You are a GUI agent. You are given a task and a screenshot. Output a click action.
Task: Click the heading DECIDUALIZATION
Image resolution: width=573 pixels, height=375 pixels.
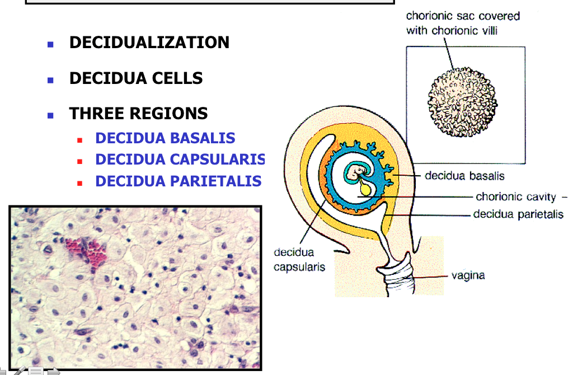pos(149,43)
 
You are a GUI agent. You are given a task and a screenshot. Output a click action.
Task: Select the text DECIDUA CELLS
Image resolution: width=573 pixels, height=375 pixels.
pos(136,78)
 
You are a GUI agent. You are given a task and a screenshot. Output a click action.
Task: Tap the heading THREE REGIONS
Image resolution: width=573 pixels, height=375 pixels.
pos(138,114)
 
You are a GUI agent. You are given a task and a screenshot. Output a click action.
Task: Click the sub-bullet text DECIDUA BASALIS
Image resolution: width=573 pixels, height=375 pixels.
pos(165,138)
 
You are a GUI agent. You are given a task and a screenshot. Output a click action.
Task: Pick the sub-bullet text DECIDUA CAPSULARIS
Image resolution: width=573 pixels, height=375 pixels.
pos(180,160)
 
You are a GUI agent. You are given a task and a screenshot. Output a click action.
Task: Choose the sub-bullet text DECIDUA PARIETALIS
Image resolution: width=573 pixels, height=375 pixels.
pos(178,181)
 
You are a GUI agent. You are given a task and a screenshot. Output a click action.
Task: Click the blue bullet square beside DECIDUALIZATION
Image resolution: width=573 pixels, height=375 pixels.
pos(50,44)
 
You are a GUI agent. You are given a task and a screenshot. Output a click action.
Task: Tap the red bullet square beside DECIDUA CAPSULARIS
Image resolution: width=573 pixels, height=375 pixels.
pos(80,161)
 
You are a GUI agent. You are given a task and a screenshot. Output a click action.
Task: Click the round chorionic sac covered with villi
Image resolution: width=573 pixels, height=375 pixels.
pos(462,102)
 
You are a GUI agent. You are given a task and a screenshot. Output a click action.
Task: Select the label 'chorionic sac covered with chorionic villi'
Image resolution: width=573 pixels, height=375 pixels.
pos(463,23)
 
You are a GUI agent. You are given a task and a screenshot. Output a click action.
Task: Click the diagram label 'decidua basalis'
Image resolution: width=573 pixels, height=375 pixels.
pos(464,176)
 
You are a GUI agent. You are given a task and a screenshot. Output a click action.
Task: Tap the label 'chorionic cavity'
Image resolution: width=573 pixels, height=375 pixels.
pos(515,196)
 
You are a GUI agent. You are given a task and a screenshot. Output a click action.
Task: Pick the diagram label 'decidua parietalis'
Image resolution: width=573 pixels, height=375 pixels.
pos(518,214)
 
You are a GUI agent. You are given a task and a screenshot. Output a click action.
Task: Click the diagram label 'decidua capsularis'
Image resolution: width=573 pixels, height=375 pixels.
pos(299,260)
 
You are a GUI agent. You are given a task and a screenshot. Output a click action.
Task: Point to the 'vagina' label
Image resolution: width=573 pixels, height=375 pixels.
pos(468,275)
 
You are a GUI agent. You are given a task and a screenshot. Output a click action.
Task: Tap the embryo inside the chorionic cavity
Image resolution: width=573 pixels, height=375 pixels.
pos(354,174)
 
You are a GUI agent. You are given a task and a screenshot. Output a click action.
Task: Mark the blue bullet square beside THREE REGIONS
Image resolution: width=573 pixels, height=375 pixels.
pos(50,115)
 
